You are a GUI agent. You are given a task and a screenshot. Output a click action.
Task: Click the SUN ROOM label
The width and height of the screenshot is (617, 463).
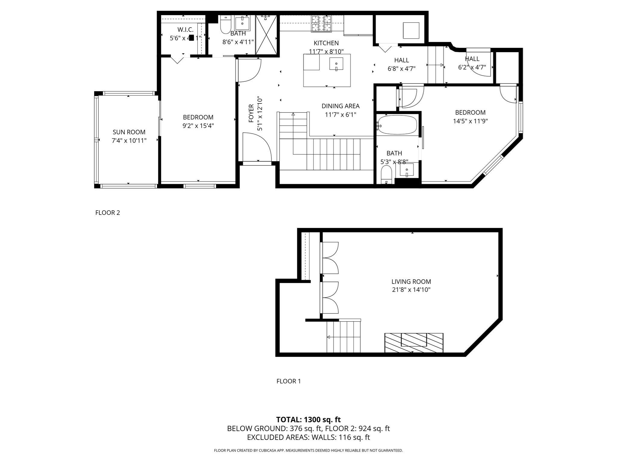click(129, 132)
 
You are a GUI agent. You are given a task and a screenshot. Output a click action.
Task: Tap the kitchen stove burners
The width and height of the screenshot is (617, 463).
click(321, 24)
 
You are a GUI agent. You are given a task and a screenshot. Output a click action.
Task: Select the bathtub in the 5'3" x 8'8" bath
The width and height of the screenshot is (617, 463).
click(397, 124)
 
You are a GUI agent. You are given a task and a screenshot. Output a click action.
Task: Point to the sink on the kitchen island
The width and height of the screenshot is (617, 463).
click(336, 64)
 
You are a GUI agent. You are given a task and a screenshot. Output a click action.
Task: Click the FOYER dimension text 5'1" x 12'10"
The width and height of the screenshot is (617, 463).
click(260, 114)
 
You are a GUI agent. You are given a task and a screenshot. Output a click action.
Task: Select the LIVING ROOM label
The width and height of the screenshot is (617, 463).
click(411, 282)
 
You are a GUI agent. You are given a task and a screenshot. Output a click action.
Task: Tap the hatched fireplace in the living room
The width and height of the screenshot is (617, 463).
click(414, 342)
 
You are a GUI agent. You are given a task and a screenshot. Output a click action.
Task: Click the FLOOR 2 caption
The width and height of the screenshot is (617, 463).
click(108, 213)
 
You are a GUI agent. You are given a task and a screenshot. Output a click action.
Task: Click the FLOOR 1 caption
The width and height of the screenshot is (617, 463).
click(288, 381)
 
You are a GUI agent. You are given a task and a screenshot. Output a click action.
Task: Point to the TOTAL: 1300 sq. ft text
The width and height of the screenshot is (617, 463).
click(308, 420)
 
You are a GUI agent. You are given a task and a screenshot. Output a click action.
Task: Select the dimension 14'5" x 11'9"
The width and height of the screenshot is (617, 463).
click(470, 121)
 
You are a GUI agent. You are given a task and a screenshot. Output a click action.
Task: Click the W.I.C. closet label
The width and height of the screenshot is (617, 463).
click(185, 30)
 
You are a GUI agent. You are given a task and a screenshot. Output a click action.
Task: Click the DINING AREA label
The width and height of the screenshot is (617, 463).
click(340, 106)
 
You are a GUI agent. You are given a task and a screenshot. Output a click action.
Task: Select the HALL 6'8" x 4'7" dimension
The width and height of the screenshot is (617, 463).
click(401, 69)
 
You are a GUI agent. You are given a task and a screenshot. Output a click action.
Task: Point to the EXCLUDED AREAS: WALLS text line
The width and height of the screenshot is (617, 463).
click(308, 437)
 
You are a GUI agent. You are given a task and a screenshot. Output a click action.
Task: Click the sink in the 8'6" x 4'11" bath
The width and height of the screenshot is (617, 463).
click(242, 23)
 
